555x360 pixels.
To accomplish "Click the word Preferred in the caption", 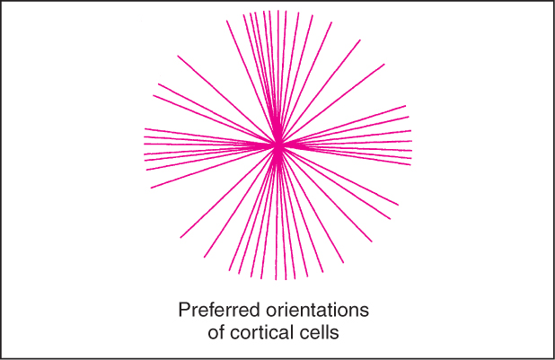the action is [219, 310].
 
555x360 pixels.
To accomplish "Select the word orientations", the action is [318, 310].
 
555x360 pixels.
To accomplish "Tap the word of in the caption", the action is [216, 332].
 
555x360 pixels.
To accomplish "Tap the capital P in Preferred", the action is [184, 310].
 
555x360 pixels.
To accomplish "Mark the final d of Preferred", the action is [255, 310].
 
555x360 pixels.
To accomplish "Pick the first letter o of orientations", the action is [271, 312].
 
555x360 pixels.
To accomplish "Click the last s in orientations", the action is [365, 312].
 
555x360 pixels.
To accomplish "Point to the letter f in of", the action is [222, 332].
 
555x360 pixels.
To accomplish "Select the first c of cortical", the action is [235, 335].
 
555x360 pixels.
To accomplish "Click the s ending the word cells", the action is [335, 335].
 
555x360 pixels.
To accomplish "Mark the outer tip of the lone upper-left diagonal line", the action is [178, 56].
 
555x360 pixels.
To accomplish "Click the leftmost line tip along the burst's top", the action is [227, 21].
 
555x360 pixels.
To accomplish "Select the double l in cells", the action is [327, 332].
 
